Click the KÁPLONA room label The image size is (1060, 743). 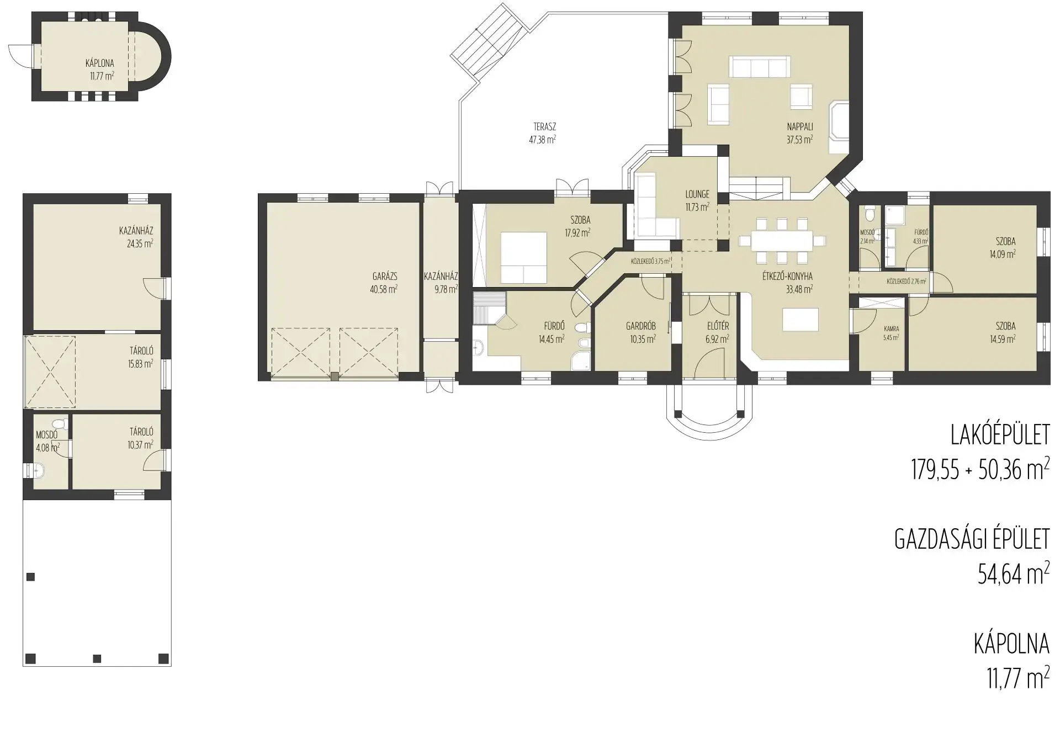[x=100, y=63]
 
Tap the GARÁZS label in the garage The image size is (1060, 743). [x=385, y=277]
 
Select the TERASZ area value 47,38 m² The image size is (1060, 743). [x=542, y=140]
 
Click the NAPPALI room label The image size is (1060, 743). [x=800, y=127]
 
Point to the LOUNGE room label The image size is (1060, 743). [x=697, y=194]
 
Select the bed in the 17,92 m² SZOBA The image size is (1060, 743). [x=524, y=257]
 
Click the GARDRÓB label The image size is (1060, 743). [x=641, y=326]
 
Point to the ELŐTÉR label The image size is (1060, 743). [x=718, y=326]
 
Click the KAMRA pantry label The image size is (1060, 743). [x=892, y=329]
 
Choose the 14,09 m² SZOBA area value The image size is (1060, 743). [x=1003, y=254]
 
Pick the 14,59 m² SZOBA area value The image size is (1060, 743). [x=1003, y=339]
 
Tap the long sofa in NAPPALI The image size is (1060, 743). [x=760, y=67]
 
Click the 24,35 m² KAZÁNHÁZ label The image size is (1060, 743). [x=136, y=231]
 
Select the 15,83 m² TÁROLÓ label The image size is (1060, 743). [x=141, y=351]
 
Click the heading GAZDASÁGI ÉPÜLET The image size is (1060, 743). [x=972, y=539]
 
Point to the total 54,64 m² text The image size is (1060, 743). [x=1014, y=574]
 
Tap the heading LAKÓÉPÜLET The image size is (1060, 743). [x=1000, y=436]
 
